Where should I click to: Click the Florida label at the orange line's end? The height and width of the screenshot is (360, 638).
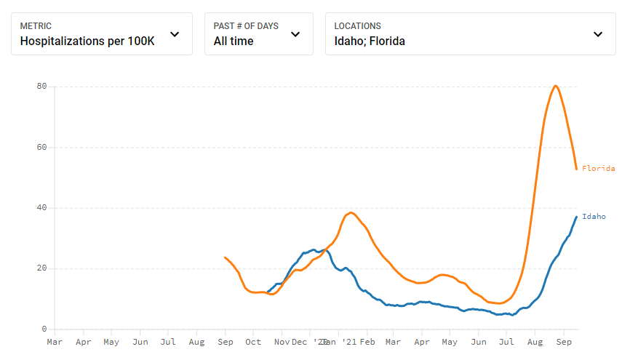click(x=598, y=169)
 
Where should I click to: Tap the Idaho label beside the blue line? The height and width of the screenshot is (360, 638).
click(x=594, y=217)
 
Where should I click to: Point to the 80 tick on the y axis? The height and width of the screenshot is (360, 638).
click(x=42, y=87)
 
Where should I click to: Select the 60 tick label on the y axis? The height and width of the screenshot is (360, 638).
click(x=42, y=148)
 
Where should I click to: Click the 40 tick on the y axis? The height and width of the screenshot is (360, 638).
click(x=42, y=208)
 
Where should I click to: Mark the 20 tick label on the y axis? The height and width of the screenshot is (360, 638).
click(x=42, y=268)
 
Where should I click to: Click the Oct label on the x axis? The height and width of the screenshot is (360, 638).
click(x=253, y=342)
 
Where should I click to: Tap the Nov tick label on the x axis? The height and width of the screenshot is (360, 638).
click(x=282, y=342)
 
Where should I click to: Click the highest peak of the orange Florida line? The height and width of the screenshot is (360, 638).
click(x=556, y=86)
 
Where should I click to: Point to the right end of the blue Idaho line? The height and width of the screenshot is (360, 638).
click(x=577, y=217)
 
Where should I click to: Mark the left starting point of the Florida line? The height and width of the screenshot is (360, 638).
click(x=225, y=257)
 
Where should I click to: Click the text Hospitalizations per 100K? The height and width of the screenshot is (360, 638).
click(x=87, y=41)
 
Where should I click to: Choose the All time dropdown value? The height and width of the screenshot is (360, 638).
click(x=234, y=41)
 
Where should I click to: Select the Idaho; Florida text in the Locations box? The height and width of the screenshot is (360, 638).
click(x=370, y=41)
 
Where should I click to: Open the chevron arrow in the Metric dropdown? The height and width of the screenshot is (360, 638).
click(x=175, y=33)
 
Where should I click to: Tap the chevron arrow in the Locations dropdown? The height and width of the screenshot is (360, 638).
click(x=598, y=33)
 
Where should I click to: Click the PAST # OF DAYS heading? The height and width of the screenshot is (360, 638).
click(x=246, y=26)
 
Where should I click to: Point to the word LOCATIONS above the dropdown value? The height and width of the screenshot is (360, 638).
click(x=357, y=26)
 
